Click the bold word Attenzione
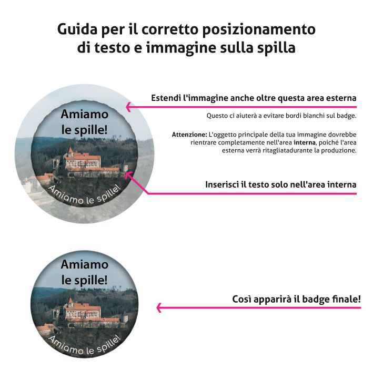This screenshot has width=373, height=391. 189,135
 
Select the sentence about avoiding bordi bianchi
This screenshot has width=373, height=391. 281,116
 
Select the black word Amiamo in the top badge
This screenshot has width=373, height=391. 84,114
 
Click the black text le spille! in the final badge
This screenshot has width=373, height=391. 84,280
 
